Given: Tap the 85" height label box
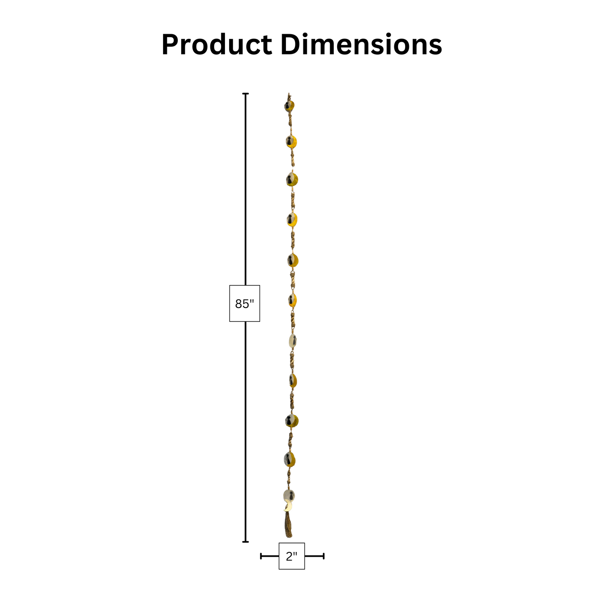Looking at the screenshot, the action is tap(245, 303).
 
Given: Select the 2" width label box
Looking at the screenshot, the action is tap(292, 556).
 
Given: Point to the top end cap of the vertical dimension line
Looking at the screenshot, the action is tap(246, 93).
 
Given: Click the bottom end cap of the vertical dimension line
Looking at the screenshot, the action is tap(246, 542).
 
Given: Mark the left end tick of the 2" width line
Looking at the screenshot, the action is tap(261, 556).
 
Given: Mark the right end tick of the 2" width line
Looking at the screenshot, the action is tap(323, 556).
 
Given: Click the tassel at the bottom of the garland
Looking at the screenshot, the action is tap(288, 526).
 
